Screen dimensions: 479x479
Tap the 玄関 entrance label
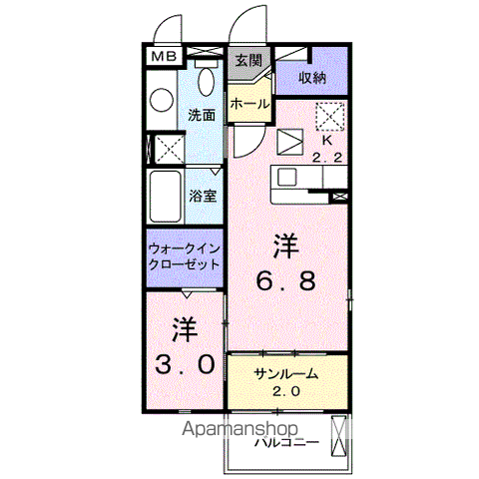tap(248, 60)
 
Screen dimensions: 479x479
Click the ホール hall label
tap(248, 104)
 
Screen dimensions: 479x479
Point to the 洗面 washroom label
tap(203, 114)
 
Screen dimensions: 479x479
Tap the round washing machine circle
tap(163, 100)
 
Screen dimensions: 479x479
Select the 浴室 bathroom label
tap(203, 196)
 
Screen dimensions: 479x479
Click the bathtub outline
tap(164, 197)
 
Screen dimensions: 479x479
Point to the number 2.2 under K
tap(328, 156)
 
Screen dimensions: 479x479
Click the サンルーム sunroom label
tap(285, 373)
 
